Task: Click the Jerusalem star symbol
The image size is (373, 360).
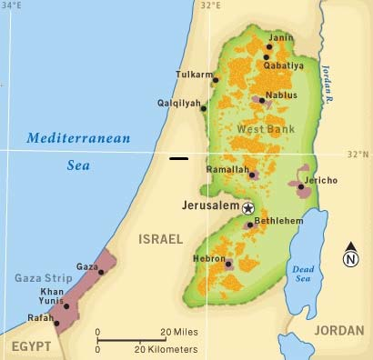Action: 247,207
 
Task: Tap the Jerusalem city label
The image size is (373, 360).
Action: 211,206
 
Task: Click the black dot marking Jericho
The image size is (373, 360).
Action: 301,186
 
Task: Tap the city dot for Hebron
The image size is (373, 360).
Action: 228,264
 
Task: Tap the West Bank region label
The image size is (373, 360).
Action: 266,130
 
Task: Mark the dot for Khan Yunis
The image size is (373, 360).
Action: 66,306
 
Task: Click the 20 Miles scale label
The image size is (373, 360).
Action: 180,331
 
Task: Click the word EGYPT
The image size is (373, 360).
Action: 29,346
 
